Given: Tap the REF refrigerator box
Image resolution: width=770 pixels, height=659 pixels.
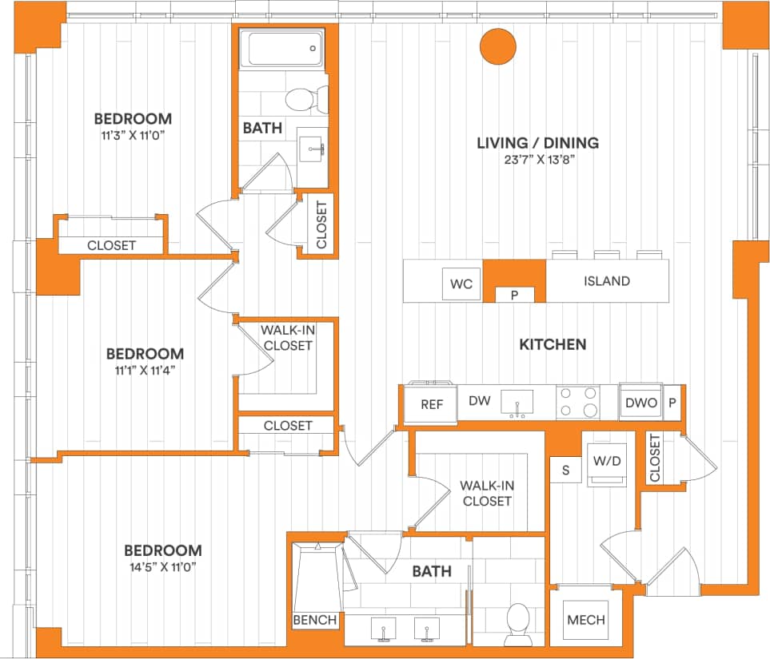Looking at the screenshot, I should coord(431,404).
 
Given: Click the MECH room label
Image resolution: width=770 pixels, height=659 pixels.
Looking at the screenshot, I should coord(585,620).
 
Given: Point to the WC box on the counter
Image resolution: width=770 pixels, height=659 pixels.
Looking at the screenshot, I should coord(461,284).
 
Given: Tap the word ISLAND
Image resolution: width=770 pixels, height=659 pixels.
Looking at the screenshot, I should coord(606,281).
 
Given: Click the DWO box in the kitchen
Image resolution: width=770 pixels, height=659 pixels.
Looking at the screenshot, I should coord(641,403).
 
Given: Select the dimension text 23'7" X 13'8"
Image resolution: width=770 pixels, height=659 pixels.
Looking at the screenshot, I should coord(537,159).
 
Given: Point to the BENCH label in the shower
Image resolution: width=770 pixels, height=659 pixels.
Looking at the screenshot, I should coord(315,620).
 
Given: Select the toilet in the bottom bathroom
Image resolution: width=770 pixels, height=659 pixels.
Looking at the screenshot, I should coord(518,622).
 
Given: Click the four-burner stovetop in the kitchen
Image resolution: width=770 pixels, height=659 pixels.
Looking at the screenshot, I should coord(577,402).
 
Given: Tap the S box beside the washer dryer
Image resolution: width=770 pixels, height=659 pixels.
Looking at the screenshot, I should coord(566,470).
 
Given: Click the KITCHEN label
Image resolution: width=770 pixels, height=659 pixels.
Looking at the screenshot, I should coord(553,345).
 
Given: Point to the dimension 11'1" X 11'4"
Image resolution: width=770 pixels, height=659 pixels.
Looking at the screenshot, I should coord(145,369).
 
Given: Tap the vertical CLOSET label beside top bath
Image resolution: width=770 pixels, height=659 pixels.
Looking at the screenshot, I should coord(321,224).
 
